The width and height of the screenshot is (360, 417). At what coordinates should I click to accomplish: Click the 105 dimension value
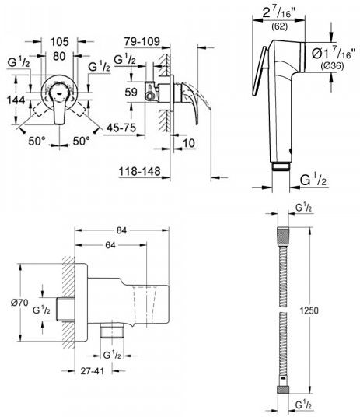coord(60,42)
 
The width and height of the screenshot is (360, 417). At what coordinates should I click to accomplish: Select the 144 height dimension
coord(16,100)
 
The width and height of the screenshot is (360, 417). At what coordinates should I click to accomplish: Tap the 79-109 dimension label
coord(142,41)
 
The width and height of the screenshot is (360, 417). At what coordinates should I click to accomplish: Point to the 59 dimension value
coord(131,93)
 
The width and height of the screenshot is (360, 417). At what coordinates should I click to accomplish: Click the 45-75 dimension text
coord(121,128)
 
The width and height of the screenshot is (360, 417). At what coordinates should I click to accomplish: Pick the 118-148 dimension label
coord(140,171)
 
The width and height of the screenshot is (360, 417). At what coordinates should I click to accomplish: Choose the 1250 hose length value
coord(309,310)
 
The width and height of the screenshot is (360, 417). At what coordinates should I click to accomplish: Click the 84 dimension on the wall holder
coord(121,230)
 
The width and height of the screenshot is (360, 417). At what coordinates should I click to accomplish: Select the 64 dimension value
coord(110,245)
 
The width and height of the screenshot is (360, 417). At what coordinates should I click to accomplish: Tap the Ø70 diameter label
coord(19,303)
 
